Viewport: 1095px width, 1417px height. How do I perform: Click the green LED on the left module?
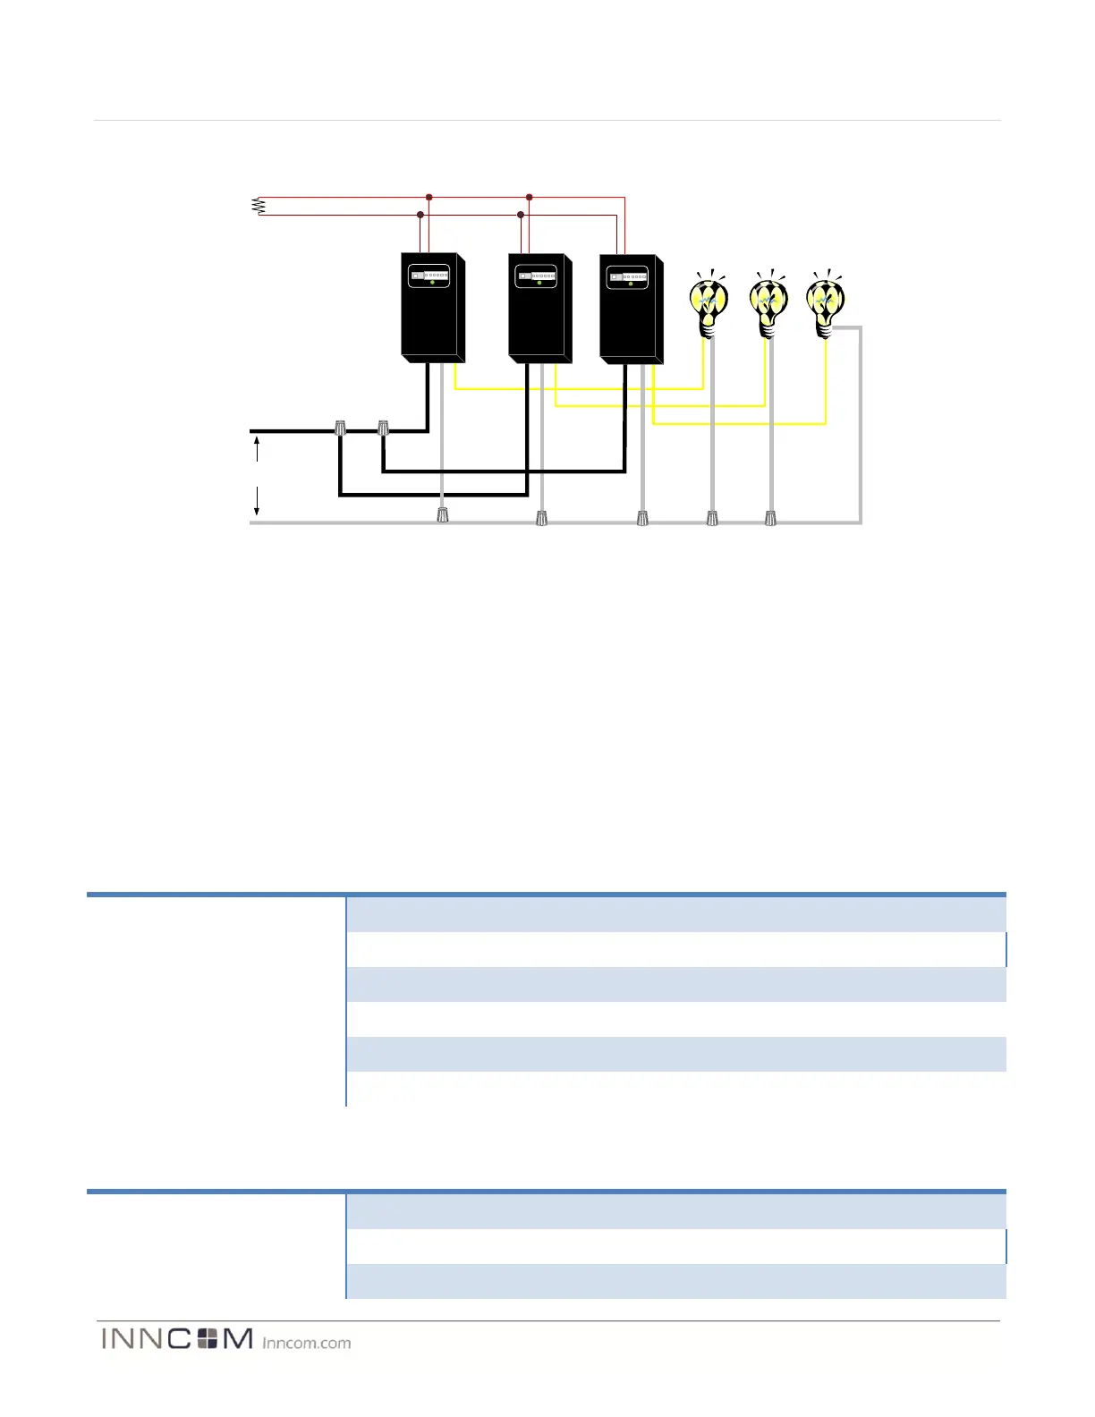pos(432,283)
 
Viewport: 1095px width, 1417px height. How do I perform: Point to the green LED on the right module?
pos(631,284)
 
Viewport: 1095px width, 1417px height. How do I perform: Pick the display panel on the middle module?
pos(537,276)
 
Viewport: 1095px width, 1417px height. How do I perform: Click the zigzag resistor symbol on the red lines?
pos(259,207)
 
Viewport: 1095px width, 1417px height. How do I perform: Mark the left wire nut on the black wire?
pos(340,428)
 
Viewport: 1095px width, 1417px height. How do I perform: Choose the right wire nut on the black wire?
pos(384,428)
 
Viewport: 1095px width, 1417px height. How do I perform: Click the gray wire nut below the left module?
pos(442,515)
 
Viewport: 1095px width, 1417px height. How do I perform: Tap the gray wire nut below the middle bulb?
pos(771,517)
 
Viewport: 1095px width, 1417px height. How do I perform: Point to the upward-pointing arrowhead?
pos(257,441)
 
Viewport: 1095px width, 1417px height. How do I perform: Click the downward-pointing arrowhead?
pos(257,511)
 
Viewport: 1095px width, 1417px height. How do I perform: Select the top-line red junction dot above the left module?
pos(429,197)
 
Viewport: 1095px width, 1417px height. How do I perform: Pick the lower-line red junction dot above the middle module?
pos(521,215)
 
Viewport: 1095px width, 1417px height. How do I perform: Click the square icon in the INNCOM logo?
pos(208,1338)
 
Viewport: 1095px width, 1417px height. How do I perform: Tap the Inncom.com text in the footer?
pos(307,1343)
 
